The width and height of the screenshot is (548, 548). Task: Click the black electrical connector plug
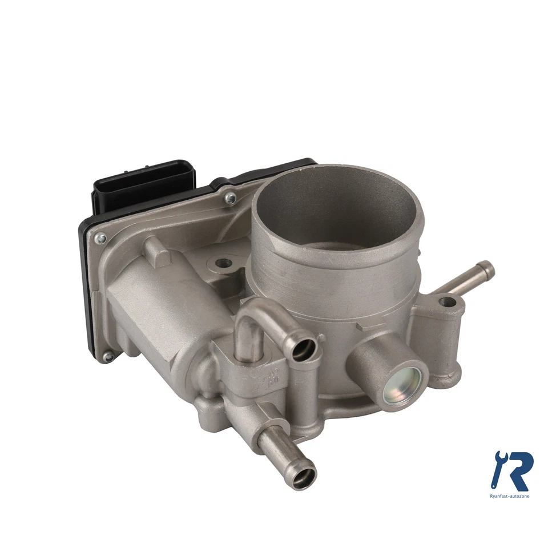coord(143,184)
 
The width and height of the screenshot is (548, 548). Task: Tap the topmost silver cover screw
coord(230,198)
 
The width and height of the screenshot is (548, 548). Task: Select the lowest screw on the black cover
coord(108,357)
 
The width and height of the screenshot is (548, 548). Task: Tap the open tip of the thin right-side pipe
coord(486,267)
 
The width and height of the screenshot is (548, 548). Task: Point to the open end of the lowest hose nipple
coord(302,475)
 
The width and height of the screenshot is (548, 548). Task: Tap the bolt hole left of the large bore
coord(223,264)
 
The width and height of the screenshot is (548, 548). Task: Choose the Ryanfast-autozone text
coord(510,496)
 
